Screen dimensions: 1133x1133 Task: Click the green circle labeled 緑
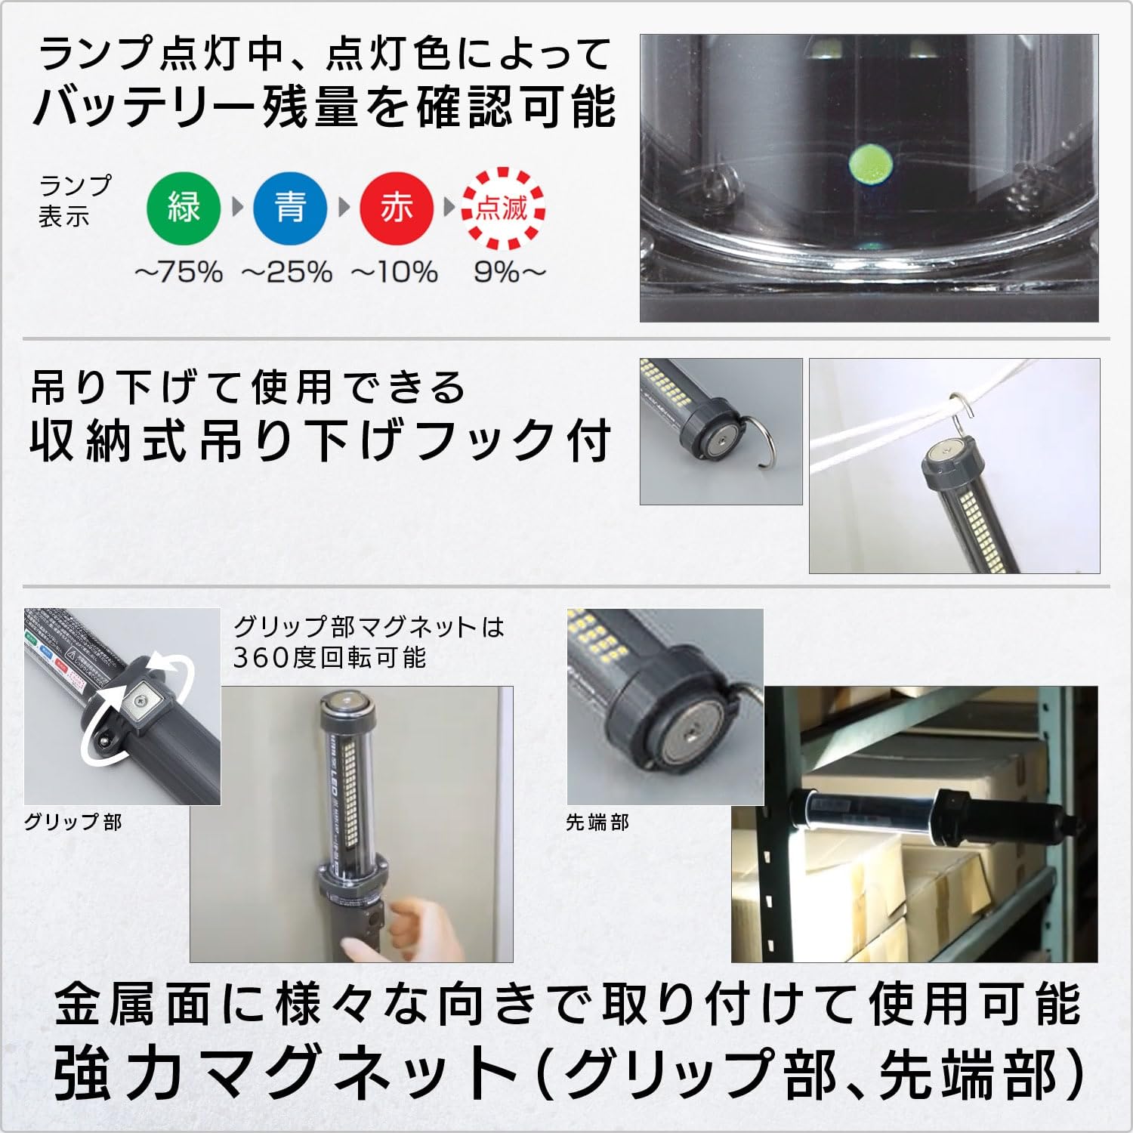[x=184, y=207]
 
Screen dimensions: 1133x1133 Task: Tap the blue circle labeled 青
[x=290, y=207]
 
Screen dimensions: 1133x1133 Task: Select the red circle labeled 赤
[x=397, y=207]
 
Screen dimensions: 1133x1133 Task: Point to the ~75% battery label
[x=179, y=272]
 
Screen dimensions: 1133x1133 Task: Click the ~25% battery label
[x=287, y=272]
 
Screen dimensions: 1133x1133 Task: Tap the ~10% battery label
[x=394, y=272]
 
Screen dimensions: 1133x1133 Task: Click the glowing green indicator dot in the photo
[x=870, y=162]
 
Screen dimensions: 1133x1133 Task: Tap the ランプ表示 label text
[x=75, y=201]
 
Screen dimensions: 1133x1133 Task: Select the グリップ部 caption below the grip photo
[x=73, y=822]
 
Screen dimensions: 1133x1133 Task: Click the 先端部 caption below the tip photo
[x=597, y=822]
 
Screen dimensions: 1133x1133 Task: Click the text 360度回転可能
[x=329, y=657]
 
